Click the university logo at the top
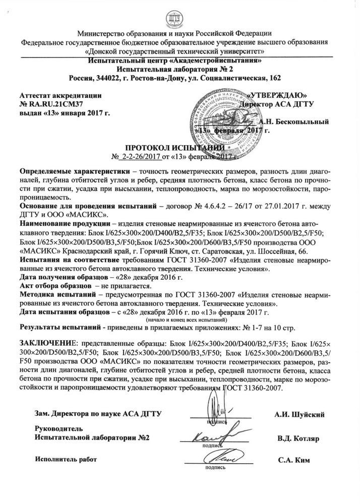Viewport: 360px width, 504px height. pos(179,16)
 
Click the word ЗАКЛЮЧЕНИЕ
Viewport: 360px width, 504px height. pos(45,343)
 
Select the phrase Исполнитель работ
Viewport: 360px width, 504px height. pos(65,459)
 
